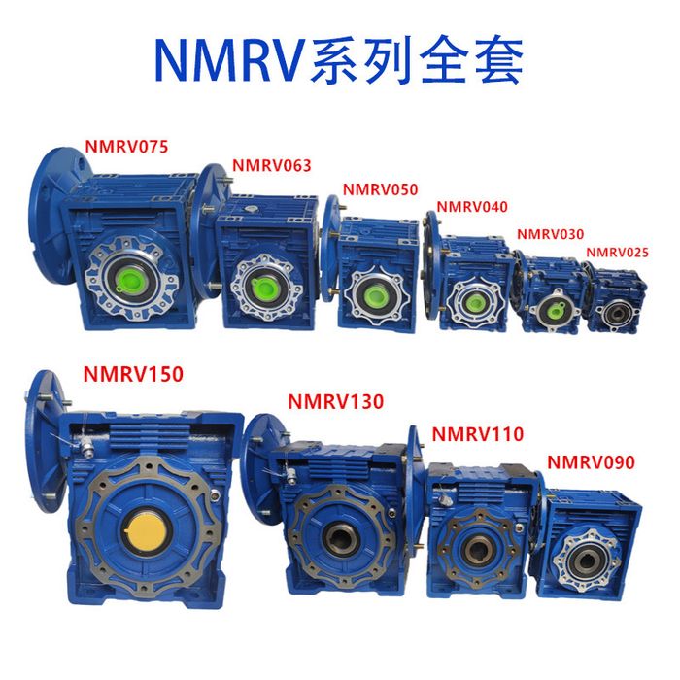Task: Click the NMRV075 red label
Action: (x=126, y=147)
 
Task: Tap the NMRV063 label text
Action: (x=272, y=165)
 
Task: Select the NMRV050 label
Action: (x=381, y=189)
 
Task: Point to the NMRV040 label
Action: (x=472, y=206)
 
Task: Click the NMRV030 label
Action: (x=551, y=234)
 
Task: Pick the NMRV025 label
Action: (x=618, y=253)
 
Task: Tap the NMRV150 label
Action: (x=133, y=374)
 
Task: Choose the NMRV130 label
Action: (x=336, y=401)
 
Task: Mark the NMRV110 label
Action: (x=478, y=434)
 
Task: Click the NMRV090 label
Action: (x=591, y=462)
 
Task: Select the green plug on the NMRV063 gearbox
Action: (x=263, y=287)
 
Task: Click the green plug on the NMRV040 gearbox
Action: (x=474, y=300)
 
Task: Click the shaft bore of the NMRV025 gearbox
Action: (x=615, y=314)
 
